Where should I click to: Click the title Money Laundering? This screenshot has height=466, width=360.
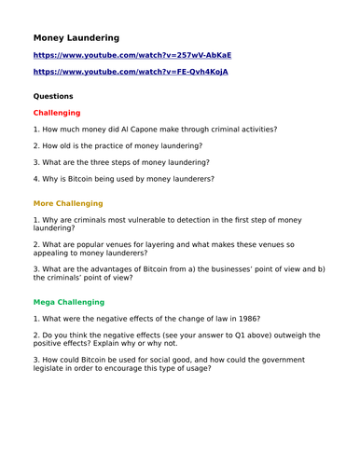point(76,38)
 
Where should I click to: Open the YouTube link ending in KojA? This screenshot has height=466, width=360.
point(131,71)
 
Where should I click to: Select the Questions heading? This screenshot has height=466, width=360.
point(53,95)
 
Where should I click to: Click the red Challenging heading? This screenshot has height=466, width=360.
point(57,112)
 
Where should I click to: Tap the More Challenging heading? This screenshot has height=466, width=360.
point(68,202)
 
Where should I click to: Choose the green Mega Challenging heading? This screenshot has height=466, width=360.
point(69,302)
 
